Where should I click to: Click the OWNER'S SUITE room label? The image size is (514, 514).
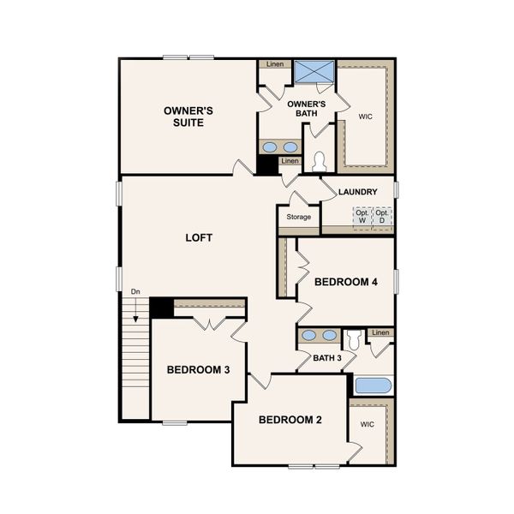[x=188, y=117]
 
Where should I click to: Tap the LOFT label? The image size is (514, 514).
[x=199, y=237]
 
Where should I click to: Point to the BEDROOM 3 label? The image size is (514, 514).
[x=198, y=370]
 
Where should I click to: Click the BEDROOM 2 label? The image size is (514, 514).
[x=290, y=420]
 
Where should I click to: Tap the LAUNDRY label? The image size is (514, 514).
[x=357, y=192]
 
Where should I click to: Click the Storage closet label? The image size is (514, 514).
[x=298, y=218]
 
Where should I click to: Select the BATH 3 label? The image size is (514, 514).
[x=327, y=358]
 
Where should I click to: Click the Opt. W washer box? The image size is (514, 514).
[x=362, y=216]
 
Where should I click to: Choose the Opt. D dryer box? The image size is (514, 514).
[x=382, y=216]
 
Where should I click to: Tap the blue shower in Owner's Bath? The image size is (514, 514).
[x=312, y=72]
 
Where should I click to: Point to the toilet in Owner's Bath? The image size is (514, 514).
[x=319, y=160]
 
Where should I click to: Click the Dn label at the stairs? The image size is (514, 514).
[x=135, y=293]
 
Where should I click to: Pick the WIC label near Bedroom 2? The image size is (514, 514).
[x=368, y=424]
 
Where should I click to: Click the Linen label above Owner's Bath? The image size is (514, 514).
[x=275, y=64]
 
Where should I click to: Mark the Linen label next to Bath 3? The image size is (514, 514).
[x=380, y=332]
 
